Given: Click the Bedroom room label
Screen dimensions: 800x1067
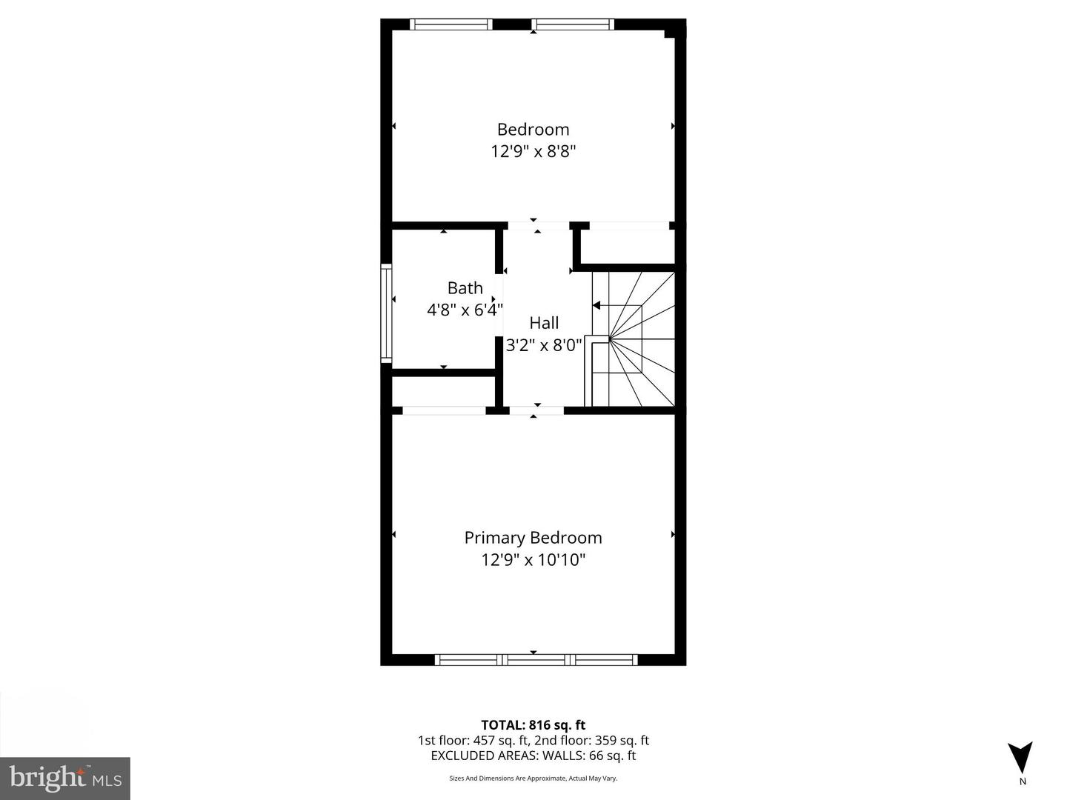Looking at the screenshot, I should click(x=533, y=130).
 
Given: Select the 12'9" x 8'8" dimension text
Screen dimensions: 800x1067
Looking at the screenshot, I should click(x=533, y=152).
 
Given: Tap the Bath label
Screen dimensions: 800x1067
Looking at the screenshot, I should click(x=465, y=288).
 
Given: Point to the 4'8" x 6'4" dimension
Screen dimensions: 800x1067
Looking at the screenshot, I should click(x=465, y=310).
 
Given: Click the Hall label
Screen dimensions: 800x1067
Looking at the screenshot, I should click(x=544, y=323).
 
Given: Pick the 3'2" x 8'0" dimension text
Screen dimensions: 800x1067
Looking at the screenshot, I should click(x=544, y=345).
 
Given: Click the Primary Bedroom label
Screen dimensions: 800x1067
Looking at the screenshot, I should click(x=533, y=538).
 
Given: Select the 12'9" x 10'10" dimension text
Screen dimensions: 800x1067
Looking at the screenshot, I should click(x=533, y=560).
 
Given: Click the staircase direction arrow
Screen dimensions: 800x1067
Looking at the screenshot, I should click(x=597, y=304).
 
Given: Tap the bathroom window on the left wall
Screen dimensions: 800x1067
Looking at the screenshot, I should click(x=385, y=313).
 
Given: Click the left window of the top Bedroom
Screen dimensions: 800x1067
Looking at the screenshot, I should click(x=451, y=24).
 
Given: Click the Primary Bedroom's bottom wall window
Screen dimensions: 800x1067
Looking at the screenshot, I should click(x=536, y=659).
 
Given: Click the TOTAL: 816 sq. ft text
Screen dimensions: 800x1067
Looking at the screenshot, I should click(x=533, y=725).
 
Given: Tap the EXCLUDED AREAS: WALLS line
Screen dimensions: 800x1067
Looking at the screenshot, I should click(x=533, y=756).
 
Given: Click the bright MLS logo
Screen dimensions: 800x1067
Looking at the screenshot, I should click(x=65, y=778).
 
